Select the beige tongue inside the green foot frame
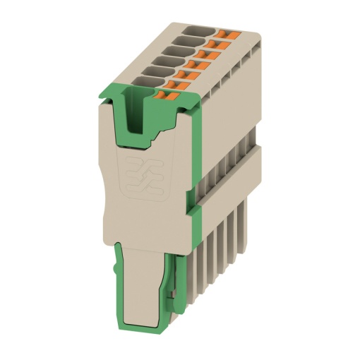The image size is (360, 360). pyautogui.click(x=141, y=282)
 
